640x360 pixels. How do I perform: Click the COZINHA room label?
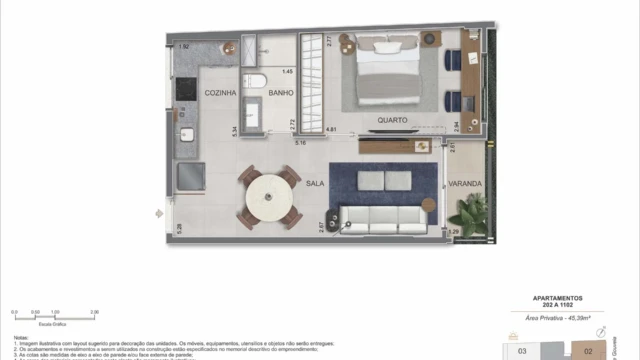(x=220, y=92)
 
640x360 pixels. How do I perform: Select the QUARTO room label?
(x=391, y=121)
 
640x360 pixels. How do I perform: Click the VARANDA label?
(x=465, y=184)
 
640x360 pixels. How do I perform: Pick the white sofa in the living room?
(x=377, y=217)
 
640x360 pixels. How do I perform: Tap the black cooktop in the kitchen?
(x=185, y=90)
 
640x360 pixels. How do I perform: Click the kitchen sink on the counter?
(x=186, y=135)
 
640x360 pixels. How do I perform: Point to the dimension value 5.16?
(x=300, y=142)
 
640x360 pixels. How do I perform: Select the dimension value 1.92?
(x=183, y=47)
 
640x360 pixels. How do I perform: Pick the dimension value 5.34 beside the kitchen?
(x=234, y=130)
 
